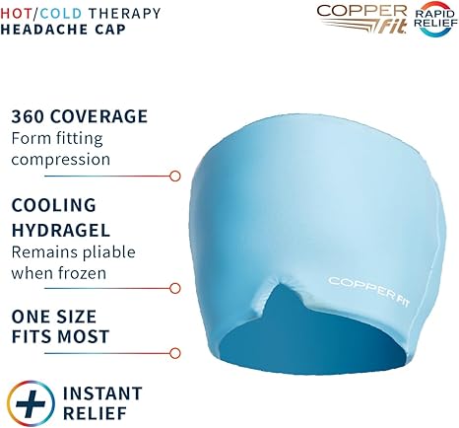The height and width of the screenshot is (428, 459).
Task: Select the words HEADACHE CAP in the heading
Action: pos(66,30)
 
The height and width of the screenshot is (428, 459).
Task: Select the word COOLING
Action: pos(53,205)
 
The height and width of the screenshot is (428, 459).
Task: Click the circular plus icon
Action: pos(31,403)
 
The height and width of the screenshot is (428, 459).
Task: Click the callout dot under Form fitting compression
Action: pos(174,176)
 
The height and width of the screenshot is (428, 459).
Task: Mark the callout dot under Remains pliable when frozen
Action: pos(174,289)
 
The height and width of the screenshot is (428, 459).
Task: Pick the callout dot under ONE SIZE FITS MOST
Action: pos(174,352)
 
